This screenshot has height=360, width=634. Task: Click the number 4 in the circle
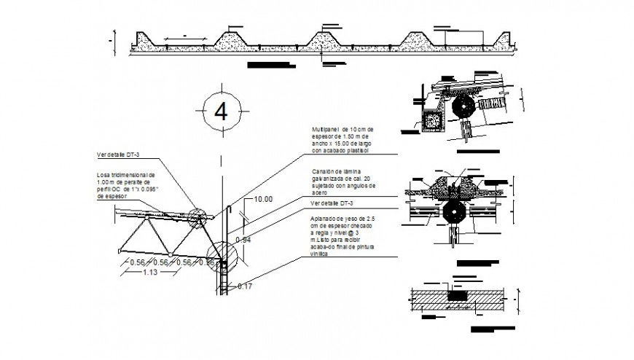tap(222, 111)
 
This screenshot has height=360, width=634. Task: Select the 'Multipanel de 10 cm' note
tap(340, 141)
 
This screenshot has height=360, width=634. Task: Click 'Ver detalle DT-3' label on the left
tap(122, 154)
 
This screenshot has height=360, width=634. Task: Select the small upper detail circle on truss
tap(197, 217)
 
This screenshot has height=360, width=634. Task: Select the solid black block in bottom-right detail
tap(457, 295)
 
